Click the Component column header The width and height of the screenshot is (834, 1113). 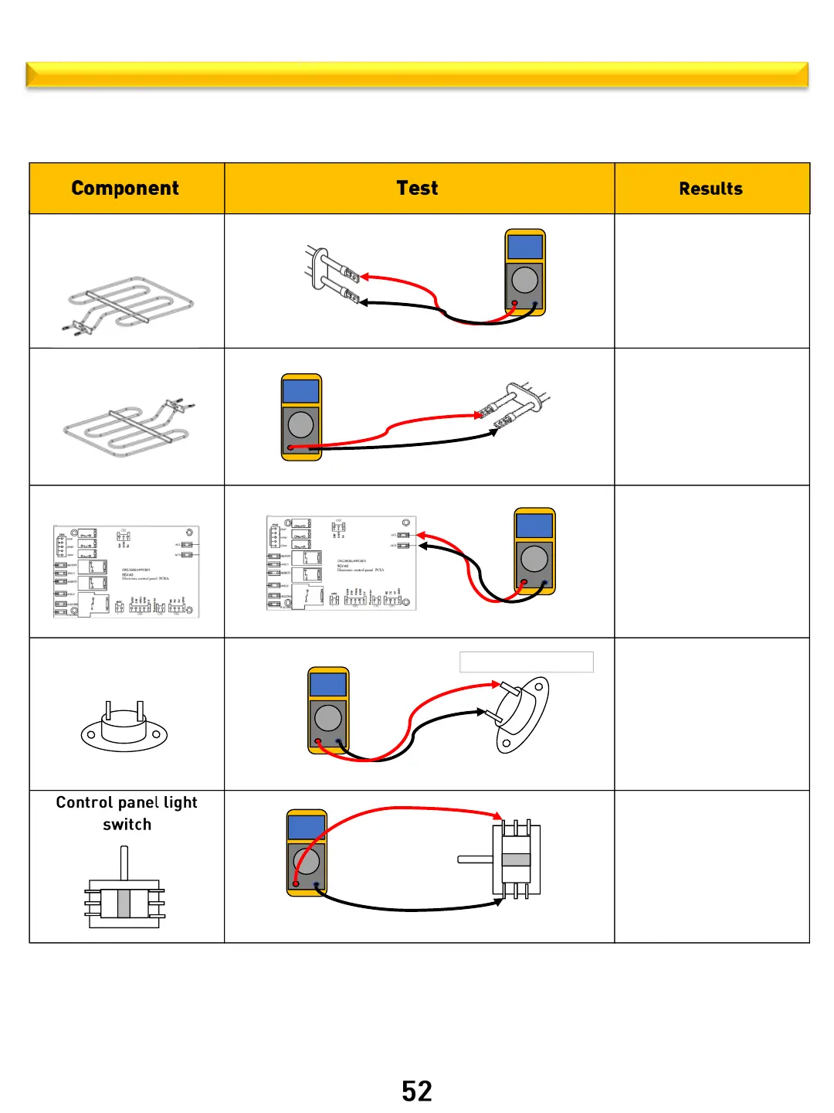[125, 189]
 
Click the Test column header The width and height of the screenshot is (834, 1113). [417, 189]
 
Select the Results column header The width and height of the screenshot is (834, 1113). [710, 189]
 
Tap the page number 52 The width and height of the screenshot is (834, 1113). [417, 1091]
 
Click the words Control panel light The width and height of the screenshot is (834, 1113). [127, 802]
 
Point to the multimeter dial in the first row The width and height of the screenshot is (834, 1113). [525, 279]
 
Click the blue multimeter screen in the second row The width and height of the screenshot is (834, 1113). [301, 390]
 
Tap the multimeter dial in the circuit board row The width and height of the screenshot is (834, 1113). [534, 558]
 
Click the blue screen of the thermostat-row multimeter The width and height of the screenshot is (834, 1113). [328, 683]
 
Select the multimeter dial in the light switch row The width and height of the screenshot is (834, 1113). [307, 860]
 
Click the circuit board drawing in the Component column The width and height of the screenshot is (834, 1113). [127, 571]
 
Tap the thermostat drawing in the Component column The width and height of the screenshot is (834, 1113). [124, 727]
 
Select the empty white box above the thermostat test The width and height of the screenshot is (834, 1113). [527, 662]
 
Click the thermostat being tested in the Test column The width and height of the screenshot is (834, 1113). [521, 715]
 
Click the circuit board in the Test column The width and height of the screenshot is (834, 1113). [341, 563]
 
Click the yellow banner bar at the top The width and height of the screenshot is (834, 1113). [417, 74]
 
